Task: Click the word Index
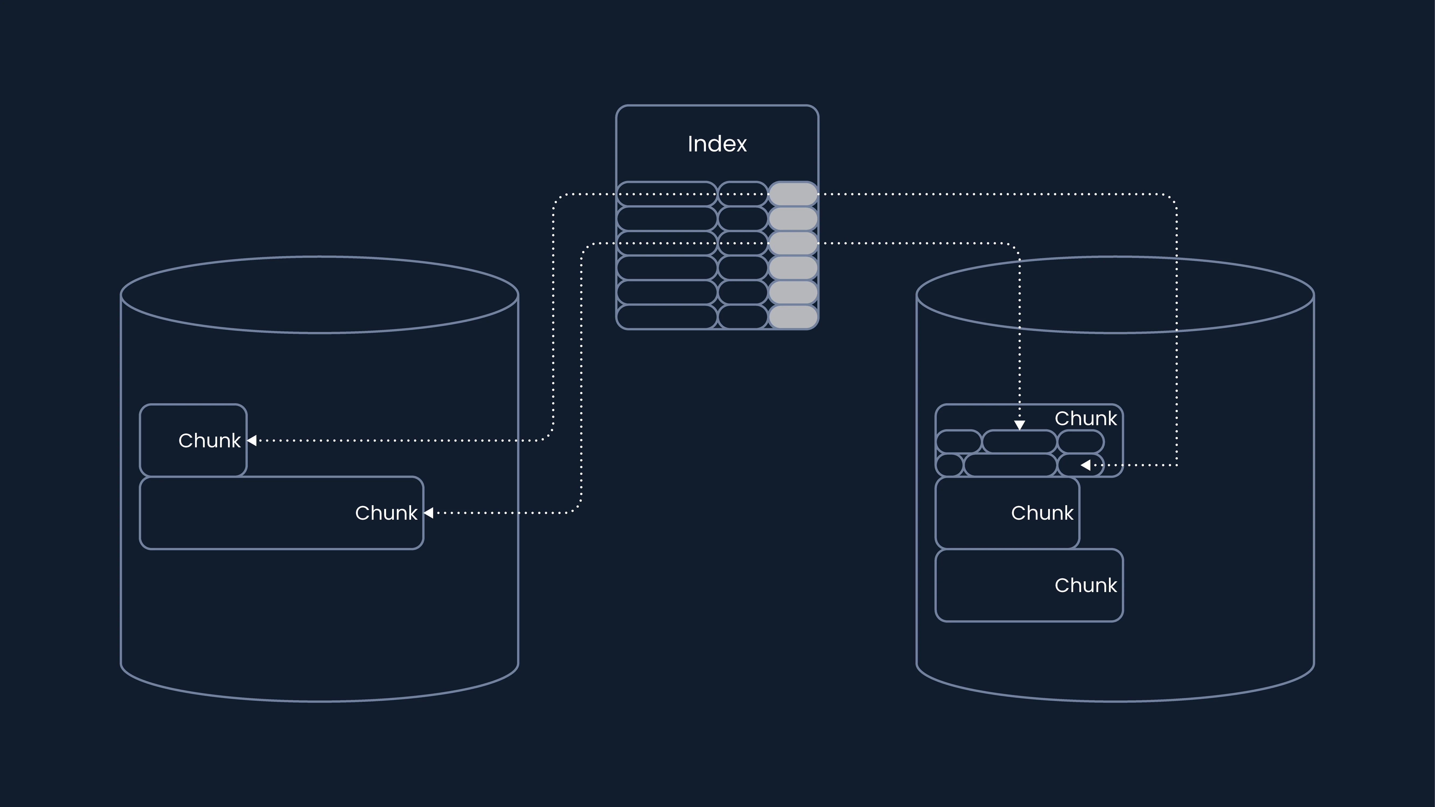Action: pyautogui.click(x=717, y=144)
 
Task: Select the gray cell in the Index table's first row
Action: pyautogui.click(x=793, y=194)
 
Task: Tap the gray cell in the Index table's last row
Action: pyautogui.click(x=793, y=316)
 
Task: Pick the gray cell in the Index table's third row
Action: pyautogui.click(x=793, y=243)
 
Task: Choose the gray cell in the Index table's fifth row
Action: pyautogui.click(x=793, y=292)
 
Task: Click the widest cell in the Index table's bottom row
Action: pyautogui.click(x=667, y=316)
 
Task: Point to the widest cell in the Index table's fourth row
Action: pyautogui.click(x=667, y=267)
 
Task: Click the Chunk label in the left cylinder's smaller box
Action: pyautogui.click(x=210, y=441)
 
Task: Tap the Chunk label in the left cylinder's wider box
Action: pyautogui.click(x=386, y=513)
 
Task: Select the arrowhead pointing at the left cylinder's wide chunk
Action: pyautogui.click(x=428, y=513)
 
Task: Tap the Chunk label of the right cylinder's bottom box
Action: pyautogui.click(x=1086, y=585)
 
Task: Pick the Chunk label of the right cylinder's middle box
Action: pyautogui.click(x=1042, y=513)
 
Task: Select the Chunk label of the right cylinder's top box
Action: pyautogui.click(x=1086, y=418)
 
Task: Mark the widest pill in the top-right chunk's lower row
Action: pyautogui.click(x=1010, y=465)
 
